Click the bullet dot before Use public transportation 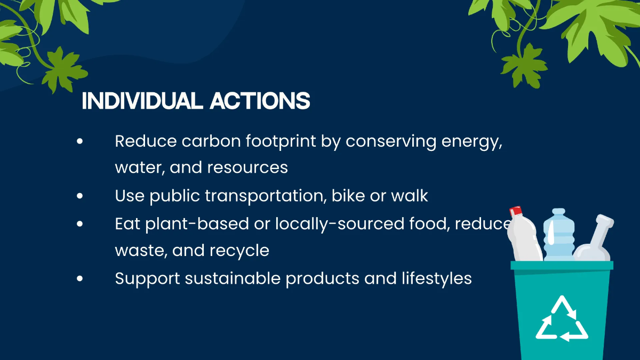(80, 196)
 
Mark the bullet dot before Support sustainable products (80, 278)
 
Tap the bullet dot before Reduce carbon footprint (80, 142)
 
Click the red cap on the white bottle (515, 212)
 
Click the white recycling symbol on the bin (561, 319)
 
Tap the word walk (410, 196)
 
